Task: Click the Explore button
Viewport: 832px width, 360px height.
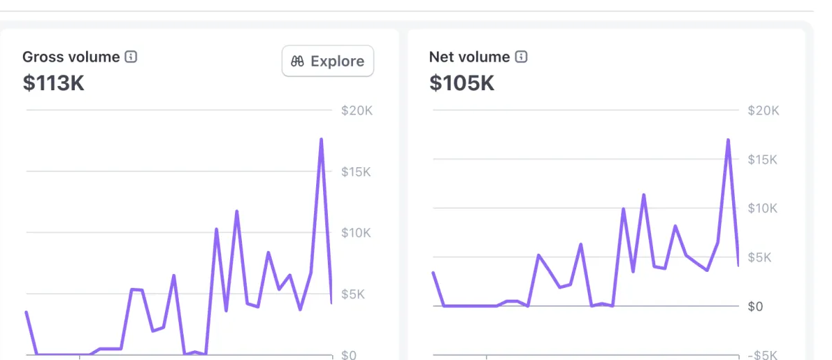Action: click(x=328, y=61)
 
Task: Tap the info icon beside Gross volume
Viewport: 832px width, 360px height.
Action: click(x=131, y=57)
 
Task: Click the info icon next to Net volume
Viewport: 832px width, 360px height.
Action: click(x=521, y=57)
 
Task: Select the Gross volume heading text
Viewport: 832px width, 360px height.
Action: click(x=71, y=57)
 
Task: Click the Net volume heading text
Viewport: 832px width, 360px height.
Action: click(x=469, y=57)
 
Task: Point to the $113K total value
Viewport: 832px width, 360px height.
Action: click(x=53, y=83)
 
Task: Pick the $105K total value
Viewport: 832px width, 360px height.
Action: click(x=462, y=83)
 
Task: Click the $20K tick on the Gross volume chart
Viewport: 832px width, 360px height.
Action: click(x=357, y=110)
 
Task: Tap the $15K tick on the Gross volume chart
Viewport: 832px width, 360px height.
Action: click(x=356, y=171)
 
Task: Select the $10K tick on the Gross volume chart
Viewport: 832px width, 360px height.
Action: click(x=356, y=232)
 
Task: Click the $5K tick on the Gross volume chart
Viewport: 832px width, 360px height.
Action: click(x=354, y=293)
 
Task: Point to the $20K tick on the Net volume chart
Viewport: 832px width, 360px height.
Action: click(x=763, y=110)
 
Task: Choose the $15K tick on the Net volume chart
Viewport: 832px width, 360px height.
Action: click(x=763, y=160)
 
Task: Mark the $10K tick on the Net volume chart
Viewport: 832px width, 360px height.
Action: click(x=763, y=208)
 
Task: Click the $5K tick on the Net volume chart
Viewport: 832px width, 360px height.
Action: click(x=760, y=257)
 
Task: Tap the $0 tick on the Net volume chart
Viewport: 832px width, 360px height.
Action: click(x=756, y=306)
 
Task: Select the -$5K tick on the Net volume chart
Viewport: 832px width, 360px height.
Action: click(x=762, y=355)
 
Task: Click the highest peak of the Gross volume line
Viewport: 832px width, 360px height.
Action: click(x=322, y=139)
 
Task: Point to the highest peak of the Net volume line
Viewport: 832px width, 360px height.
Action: click(x=728, y=140)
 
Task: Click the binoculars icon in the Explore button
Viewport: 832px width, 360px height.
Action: click(x=298, y=61)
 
